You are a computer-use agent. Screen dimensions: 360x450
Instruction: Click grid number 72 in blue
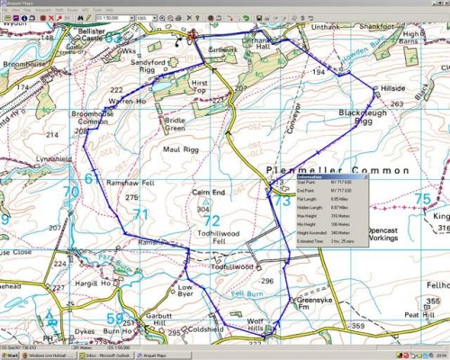pos(211,219)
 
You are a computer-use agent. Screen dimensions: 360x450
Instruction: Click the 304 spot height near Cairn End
pos(208,208)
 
